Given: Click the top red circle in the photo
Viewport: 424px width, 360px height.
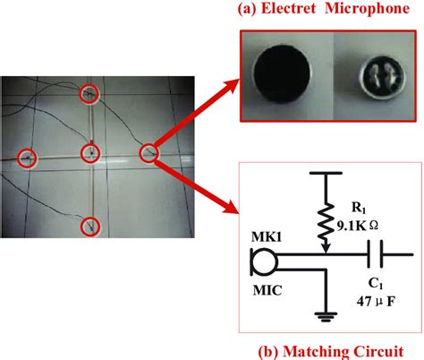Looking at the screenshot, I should [x=89, y=93].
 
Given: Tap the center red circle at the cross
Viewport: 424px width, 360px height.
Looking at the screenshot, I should [x=90, y=155].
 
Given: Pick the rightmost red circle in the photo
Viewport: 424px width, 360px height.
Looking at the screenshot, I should [x=148, y=153].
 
